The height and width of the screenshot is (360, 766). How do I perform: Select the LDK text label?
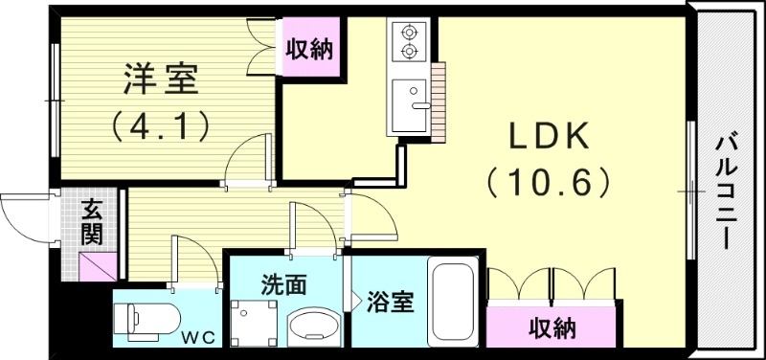[x=547, y=137]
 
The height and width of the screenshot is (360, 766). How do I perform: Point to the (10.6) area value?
[x=547, y=181]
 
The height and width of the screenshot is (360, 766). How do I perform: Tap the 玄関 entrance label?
[x=93, y=220]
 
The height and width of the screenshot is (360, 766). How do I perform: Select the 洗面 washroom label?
[x=284, y=284]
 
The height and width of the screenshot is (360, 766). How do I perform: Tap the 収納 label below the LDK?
[x=552, y=329]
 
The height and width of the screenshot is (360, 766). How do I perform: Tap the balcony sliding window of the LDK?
[x=690, y=191]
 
